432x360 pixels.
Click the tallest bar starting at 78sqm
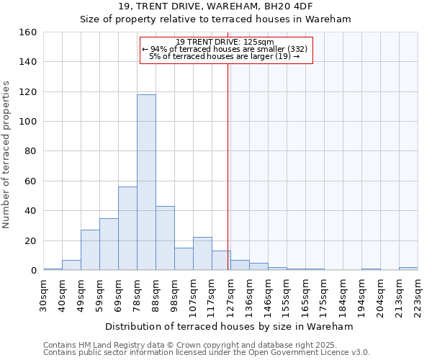[146, 182]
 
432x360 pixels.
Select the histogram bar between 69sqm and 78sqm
[127, 228]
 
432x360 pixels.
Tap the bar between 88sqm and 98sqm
[165, 238]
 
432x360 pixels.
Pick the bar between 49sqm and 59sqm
[90, 250]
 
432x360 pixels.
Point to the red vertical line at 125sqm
[228, 166]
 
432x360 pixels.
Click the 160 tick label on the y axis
[28, 32]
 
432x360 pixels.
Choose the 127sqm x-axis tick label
[230, 297]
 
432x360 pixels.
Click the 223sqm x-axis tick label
[418, 297]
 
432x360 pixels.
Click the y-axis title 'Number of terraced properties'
[7, 154]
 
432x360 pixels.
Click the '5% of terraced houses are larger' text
[225, 56]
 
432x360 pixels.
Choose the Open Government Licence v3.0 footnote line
[207, 352]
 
